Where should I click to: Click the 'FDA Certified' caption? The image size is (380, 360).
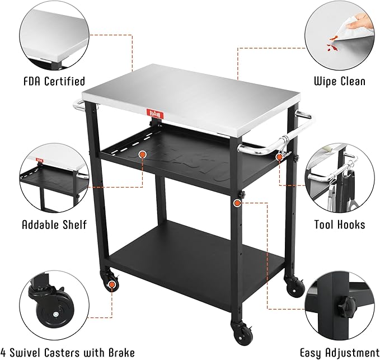(54, 82)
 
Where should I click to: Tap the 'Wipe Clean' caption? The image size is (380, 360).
(339, 82)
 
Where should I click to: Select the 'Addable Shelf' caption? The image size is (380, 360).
(54, 225)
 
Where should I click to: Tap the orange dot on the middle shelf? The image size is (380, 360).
(142, 153)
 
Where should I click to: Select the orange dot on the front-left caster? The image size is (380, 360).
(112, 284)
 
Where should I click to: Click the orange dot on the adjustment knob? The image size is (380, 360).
(236, 202)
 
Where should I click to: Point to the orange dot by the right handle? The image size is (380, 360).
(279, 157)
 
